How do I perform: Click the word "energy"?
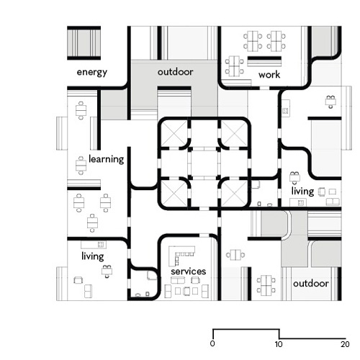(92, 72)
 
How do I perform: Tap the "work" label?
(269, 74)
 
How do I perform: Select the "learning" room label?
(107, 159)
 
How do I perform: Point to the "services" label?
(189, 271)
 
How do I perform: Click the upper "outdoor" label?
(175, 72)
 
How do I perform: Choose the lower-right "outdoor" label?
(311, 284)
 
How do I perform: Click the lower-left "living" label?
(93, 256)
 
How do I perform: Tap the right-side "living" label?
(302, 191)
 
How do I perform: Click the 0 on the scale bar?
(212, 343)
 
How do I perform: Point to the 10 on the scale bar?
(279, 344)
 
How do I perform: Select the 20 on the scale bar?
(345, 344)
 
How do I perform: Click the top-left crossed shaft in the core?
(174, 132)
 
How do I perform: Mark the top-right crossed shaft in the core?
(234, 132)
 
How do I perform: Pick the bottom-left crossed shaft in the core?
(174, 193)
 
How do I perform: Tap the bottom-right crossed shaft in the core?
(234, 193)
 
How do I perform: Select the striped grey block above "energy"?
(84, 43)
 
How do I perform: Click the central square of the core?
(204, 163)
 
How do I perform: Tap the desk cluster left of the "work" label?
(234, 66)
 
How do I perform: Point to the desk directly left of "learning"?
(81, 166)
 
